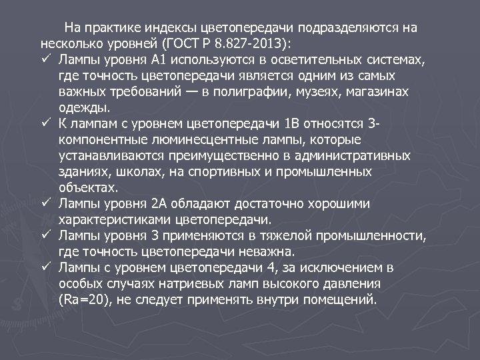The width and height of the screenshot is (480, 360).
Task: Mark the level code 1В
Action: coord(311,124)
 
